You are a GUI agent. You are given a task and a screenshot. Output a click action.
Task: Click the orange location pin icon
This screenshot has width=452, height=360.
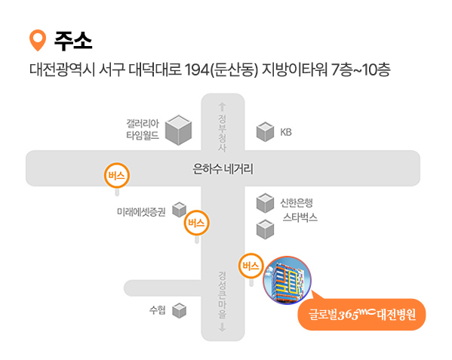[38, 40]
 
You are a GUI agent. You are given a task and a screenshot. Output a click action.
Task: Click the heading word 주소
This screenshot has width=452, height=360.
[73, 41]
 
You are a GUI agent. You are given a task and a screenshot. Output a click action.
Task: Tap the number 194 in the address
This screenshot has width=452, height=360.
[197, 69]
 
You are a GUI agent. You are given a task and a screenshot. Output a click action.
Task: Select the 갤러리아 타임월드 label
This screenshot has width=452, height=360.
[143, 129]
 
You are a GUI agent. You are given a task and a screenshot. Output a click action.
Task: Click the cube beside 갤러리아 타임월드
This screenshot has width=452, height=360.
[178, 130]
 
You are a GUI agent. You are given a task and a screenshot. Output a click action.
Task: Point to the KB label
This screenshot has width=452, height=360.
[286, 132]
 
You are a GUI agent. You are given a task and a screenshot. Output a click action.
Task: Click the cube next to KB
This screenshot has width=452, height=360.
[265, 132]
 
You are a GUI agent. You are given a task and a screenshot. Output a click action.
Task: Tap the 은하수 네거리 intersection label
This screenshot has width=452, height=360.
[223, 169]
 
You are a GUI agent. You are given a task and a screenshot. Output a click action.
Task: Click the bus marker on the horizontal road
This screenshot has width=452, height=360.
[117, 175]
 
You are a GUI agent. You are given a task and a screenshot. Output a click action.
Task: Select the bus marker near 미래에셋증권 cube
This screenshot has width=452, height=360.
[197, 223]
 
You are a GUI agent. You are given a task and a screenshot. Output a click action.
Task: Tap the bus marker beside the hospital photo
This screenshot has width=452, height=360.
[251, 266]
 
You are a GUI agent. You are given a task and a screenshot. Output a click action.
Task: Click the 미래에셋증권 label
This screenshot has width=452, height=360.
[141, 212]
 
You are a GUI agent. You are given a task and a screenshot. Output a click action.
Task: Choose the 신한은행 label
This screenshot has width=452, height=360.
[297, 203]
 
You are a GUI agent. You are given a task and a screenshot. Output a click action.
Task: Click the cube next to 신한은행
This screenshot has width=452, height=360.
[265, 203]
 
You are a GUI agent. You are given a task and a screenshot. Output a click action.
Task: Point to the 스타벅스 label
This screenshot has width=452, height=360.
[300, 217]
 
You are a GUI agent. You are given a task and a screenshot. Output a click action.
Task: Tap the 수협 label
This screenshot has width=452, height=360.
[158, 310]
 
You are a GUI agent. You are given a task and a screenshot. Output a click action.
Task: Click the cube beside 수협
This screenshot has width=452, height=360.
[180, 310]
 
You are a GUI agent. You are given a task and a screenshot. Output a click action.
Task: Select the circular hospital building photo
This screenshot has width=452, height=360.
[287, 280]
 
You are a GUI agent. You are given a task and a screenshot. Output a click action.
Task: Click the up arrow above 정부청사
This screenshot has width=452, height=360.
[222, 106]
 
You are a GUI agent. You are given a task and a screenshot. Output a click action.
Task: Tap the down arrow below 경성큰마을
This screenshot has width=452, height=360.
[222, 327]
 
